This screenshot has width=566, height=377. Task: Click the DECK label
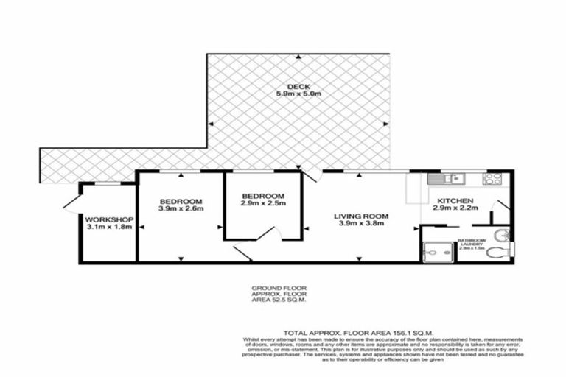point(298,85)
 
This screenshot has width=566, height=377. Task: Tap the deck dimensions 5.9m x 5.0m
point(298,94)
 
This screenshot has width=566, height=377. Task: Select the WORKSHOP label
point(108,219)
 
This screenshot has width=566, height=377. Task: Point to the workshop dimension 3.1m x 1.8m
point(108,228)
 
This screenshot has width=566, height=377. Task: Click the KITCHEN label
point(455,200)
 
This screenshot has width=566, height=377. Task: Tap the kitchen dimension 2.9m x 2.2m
point(455,209)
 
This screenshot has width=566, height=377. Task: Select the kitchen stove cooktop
point(492,177)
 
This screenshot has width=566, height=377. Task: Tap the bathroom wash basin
point(501,235)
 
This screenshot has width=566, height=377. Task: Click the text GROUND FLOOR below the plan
point(278,288)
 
